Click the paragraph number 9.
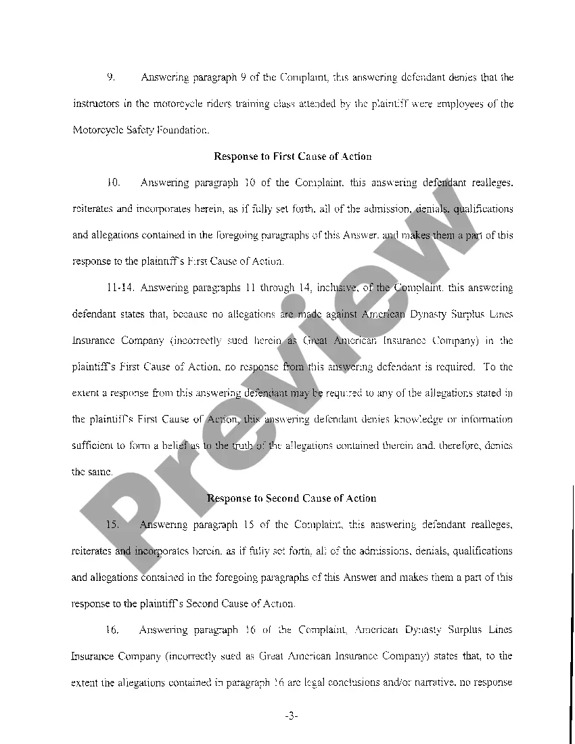click(x=110, y=77)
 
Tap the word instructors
click(x=94, y=104)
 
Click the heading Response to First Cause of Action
click(x=292, y=156)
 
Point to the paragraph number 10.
click(x=113, y=183)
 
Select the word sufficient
click(x=93, y=446)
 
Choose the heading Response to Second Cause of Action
click(x=292, y=498)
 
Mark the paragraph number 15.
click(x=113, y=525)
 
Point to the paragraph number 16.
click(x=113, y=630)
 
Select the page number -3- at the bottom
click(x=292, y=716)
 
